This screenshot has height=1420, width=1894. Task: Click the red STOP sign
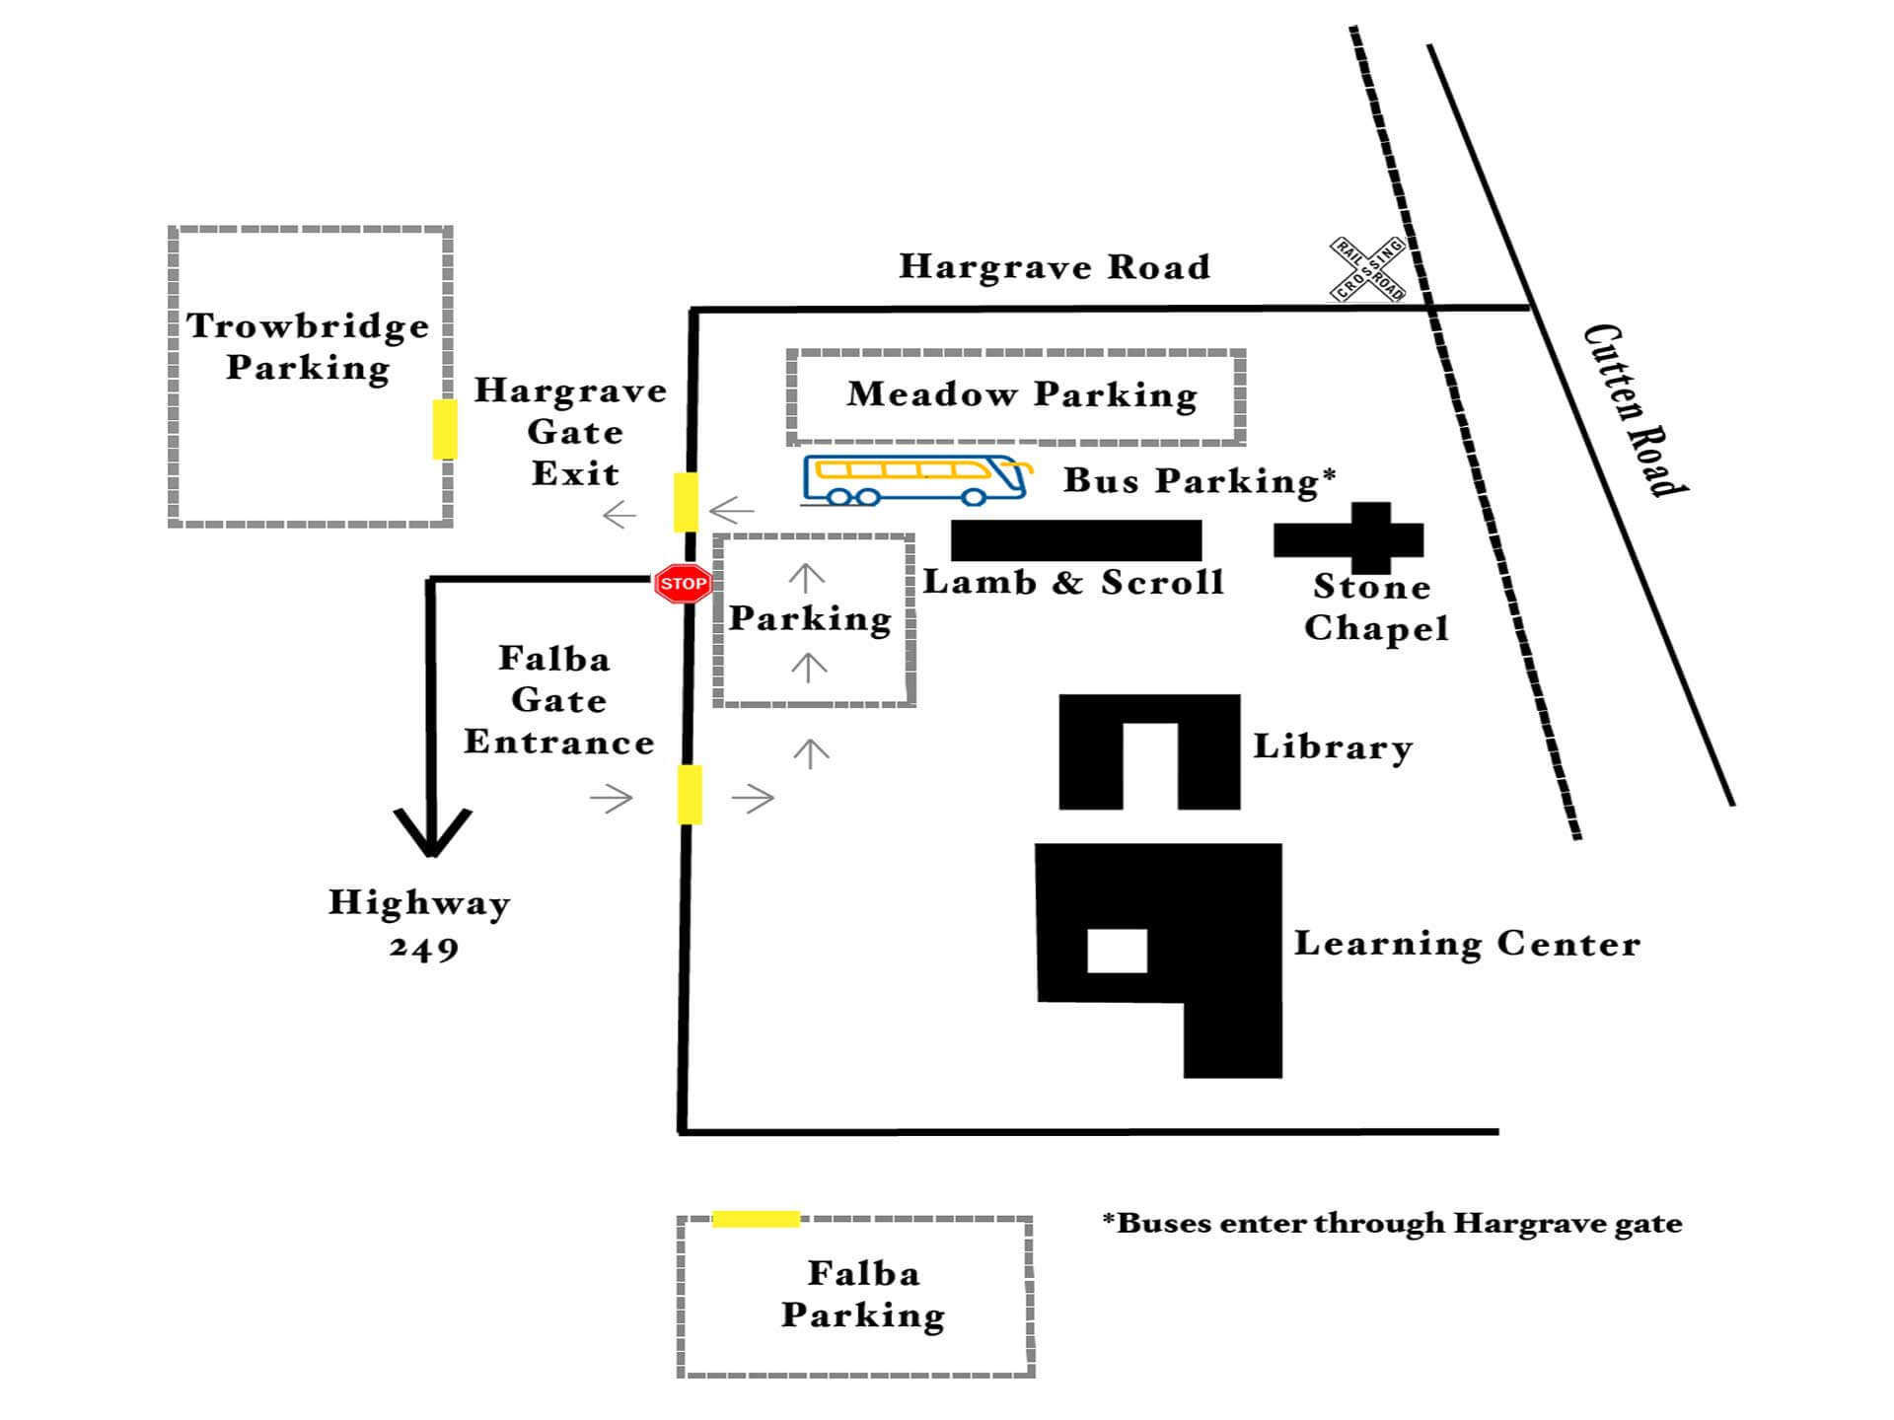pyautogui.click(x=683, y=584)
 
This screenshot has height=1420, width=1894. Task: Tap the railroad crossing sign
pyautogui.click(x=1367, y=268)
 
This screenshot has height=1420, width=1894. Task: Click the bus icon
pyautogui.click(x=916, y=480)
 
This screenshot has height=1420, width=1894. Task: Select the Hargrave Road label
pyautogui.click(x=1054, y=266)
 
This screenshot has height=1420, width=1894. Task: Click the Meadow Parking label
pyautogui.click(x=1022, y=394)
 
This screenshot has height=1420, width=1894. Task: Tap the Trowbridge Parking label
pyautogui.click(x=308, y=346)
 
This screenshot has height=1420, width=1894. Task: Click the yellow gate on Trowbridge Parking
pyautogui.click(x=445, y=429)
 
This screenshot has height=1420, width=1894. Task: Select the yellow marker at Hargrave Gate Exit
pyautogui.click(x=686, y=502)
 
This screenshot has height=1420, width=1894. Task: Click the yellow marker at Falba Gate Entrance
pyautogui.click(x=690, y=794)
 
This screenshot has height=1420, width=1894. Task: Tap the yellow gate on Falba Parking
pyautogui.click(x=756, y=1219)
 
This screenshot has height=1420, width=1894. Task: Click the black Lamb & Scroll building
pyautogui.click(x=1076, y=540)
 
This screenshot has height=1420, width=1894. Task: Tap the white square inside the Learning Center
pyautogui.click(x=1117, y=951)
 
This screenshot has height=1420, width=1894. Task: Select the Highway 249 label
pyautogui.click(x=420, y=924)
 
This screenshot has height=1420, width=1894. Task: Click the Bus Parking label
pyautogui.click(x=1200, y=480)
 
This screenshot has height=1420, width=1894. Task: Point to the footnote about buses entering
pyautogui.click(x=1392, y=1224)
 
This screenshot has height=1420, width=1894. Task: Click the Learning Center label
pyautogui.click(x=1467, y=944)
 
